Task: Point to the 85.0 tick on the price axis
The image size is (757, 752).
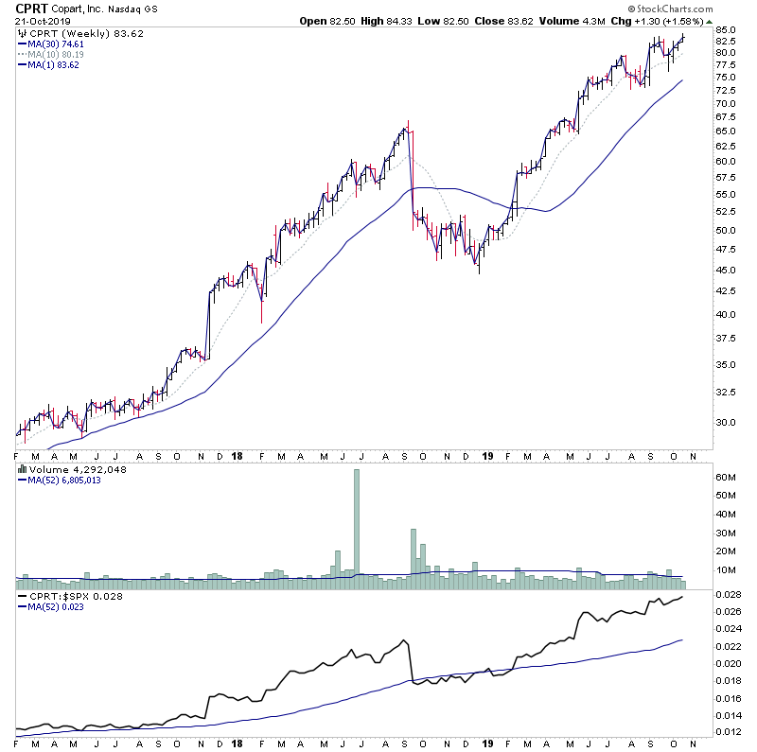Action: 727,30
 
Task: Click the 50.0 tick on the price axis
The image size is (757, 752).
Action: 727,231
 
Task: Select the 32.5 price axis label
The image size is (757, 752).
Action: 727,392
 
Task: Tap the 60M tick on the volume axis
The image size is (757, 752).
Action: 727,479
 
